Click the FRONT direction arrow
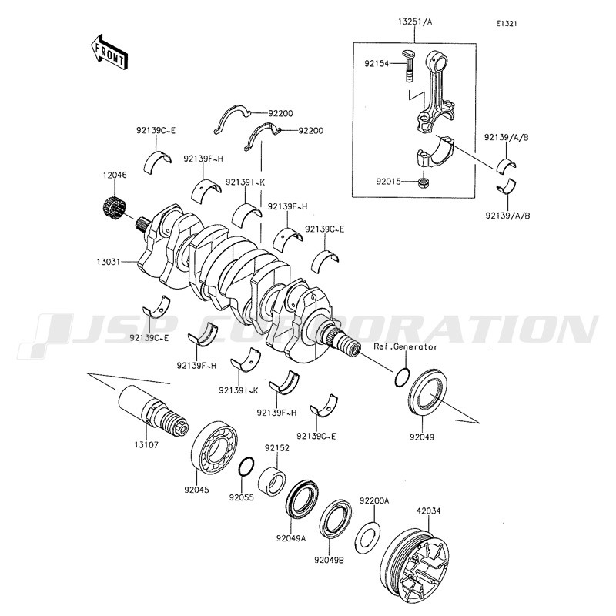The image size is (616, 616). [108, 52]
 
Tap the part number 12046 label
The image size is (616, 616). [115, 176]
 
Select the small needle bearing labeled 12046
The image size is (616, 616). [114, 208]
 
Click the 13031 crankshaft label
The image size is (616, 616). [108, 261]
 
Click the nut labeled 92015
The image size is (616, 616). [423, 182]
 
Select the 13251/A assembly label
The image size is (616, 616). [415, 22]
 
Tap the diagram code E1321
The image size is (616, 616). [506, 24]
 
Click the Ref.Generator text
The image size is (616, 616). [406, 347]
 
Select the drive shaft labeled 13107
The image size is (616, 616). [153, 410]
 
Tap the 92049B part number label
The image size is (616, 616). [330, 561]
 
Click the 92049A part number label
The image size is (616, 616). [291, 538]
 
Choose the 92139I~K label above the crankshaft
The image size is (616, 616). [246, 182]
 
